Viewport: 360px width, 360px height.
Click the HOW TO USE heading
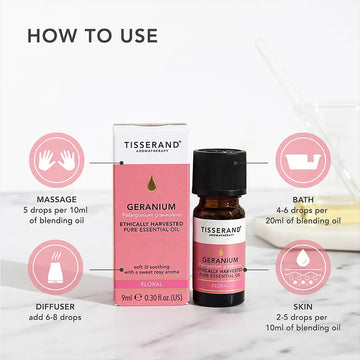click(92, 35)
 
